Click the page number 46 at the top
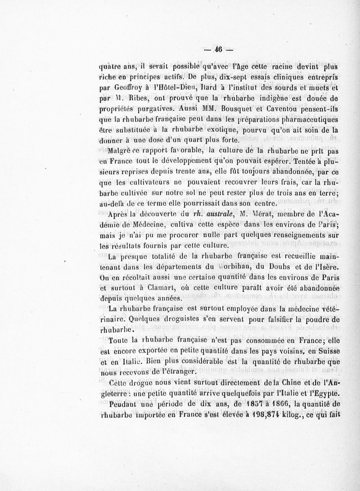pyautogui.click(x=220, y=49)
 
